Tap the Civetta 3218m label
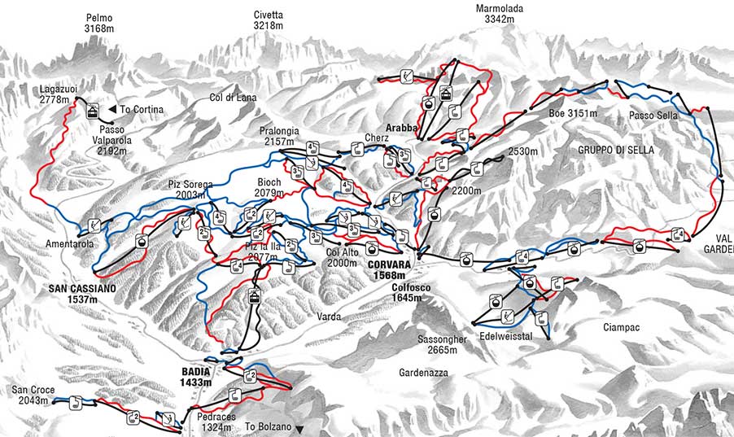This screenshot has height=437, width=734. (x=268, y=20)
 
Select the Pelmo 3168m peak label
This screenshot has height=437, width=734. (x=98, y=23)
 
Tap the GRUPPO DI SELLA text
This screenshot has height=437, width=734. (x=617, y=151)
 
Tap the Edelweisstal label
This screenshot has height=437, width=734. (x=506, y=335)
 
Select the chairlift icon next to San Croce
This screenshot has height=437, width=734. (x=74, y=401)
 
